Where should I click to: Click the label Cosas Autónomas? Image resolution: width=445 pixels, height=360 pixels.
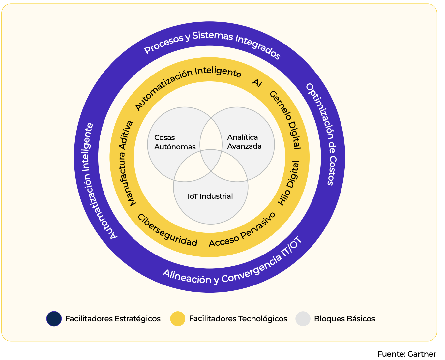point(175,142)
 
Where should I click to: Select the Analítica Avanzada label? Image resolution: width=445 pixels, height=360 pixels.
point(244,142)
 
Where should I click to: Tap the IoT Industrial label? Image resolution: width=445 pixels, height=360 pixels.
point(210,196)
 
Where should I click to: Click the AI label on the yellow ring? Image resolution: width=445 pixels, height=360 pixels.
point(257,83)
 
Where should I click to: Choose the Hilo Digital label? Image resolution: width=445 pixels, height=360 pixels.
point(289,183)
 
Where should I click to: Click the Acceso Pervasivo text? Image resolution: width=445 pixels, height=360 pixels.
point(242,230)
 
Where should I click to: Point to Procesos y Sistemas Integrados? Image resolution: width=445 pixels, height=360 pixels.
point(212,44)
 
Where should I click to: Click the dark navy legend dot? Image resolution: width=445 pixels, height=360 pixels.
point(54,319)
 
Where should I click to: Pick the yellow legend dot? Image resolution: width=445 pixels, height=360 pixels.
point(178,319)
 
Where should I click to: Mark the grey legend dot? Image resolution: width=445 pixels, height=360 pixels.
point(303,319)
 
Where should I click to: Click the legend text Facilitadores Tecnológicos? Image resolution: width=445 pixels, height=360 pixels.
point(238,319)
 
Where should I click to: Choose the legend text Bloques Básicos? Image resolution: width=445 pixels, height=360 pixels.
point(344,319)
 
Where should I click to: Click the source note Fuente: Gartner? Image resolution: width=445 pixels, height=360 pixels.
point(406,354)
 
